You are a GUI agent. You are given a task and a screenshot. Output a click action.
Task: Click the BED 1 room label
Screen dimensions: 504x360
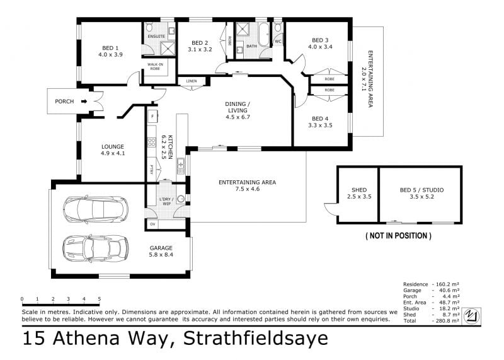click(110, 48)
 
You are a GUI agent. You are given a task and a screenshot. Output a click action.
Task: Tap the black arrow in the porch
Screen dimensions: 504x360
click(84, 102)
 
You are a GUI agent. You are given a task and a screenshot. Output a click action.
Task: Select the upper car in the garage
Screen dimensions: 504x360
click(96, 209)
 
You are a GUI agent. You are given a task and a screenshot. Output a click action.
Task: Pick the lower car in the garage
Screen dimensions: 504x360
click(96, 248)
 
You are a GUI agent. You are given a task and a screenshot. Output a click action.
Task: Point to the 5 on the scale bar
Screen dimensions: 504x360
click(100, 299)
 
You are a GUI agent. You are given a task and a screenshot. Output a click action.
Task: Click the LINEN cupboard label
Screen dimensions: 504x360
click(192, 81)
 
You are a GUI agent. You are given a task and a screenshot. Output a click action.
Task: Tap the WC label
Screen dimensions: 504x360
click(278, 42)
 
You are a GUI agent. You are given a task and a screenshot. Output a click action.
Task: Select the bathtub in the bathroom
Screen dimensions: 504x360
click(264, 35)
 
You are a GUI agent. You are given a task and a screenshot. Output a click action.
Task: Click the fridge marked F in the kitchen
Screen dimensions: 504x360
click(152, 116)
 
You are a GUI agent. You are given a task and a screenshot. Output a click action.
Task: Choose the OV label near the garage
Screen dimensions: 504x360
click(152, 224)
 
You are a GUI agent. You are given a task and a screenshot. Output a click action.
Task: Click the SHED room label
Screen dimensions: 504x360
click(359, 190)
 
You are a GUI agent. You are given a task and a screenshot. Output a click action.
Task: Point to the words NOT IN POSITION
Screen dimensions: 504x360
click(399, 236)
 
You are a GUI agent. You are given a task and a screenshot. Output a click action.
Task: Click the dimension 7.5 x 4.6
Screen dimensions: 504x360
click(248, 189)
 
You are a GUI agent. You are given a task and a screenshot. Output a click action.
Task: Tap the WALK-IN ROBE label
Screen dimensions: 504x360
click(155, 66)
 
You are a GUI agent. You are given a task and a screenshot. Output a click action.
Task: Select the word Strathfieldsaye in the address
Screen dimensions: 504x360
click(256, 338)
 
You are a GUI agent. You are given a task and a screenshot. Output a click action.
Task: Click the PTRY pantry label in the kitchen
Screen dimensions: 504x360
click(151, 170)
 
